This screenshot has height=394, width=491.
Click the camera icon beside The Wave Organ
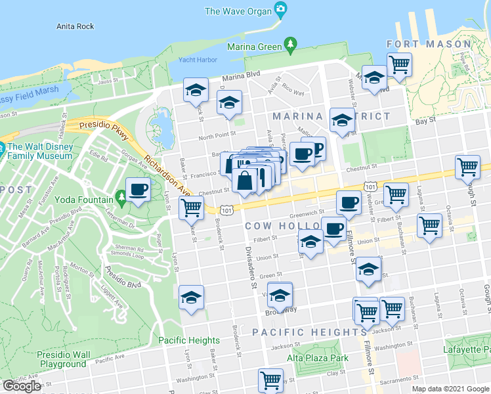pyautogui.click(x=281, y=11)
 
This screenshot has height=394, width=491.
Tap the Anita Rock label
pyautogui.click(x=75, y=26)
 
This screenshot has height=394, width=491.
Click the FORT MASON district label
pyautogui.click(x=429, y=45)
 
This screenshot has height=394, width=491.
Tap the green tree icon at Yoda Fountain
pyautogui.click(x=121, y=196)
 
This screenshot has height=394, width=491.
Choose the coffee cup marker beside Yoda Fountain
pyautogui.click(x=138, y=190)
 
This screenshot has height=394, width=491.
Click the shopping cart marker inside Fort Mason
pyautogui.click(x=399, y=64)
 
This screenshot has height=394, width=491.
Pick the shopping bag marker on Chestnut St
pyautogui.click(x=244, y=181)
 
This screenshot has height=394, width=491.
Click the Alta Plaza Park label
pyautogui.click(x=318, y=358)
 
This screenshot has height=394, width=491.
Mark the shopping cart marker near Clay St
pyautogui.click(x=270, y=379)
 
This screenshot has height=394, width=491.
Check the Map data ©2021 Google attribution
pyautogui.click(x=450, y=389)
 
